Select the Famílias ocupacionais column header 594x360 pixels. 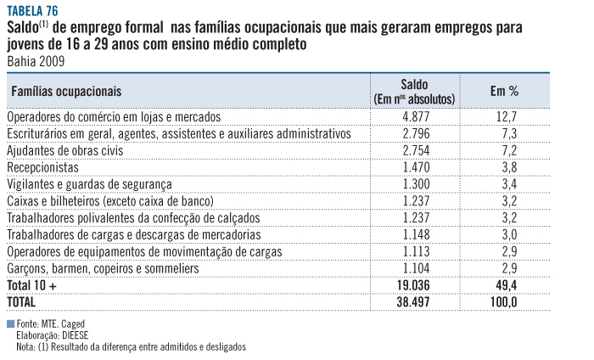pos(65,90)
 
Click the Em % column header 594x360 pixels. pos(504,91)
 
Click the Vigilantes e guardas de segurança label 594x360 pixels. pos(89,184)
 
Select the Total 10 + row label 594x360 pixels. pos(31,285)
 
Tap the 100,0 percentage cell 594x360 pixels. pos(504,301)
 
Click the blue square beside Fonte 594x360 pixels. pos(9,324)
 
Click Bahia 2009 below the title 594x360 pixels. pos(35,61)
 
